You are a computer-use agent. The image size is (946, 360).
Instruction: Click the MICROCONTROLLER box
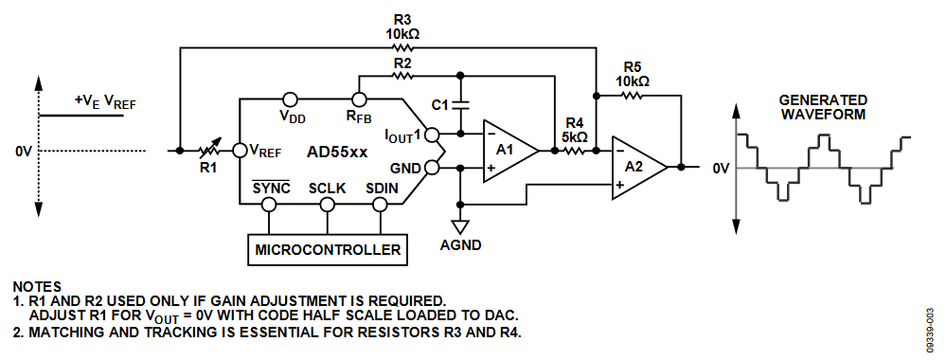(x=327, y=250)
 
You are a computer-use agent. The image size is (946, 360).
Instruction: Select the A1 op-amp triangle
(x=509, y=149)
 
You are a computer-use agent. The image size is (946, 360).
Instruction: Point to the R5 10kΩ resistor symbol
(x=634, y=95)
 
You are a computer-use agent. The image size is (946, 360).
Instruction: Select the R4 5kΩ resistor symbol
(x=575, y=150)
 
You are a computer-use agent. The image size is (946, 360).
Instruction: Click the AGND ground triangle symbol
(x=460, y=226)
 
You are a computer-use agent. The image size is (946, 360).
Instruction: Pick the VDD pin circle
(x=291, y=99)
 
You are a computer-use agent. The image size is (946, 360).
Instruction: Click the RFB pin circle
(x=359, y=99)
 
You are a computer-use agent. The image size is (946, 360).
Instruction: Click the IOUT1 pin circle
(x=432, y=135)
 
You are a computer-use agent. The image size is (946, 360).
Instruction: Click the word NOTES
(x=37, y=285)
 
